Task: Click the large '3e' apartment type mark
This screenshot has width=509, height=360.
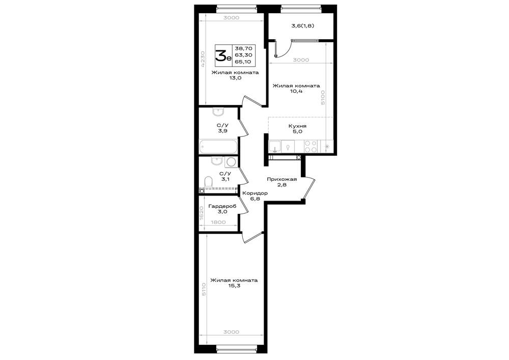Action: pyautogui.click(x=223, y=56)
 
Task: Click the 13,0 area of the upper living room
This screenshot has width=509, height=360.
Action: pyautogui.click(x=235, y=78)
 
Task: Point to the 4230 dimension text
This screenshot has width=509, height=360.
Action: pyautogui.click(x=202, y=59)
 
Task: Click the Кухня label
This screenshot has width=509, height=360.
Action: pyautogui.click(x=297, y=126)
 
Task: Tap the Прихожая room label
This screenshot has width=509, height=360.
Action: pyautogui.click(x=282, y=179)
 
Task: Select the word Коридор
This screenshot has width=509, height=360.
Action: pyautogui.click(x=255, y=193)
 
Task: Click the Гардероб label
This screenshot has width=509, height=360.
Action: pyautogui.click(x=222, y=206)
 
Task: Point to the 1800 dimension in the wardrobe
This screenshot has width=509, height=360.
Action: pyautogui.click(x=218, y=223)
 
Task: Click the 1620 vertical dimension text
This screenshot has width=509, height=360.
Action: pyautogui.click(x=202, y=213)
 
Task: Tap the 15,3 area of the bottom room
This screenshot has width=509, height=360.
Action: pyautogui.click(x=234, y=286)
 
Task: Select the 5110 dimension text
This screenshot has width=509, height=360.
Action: pyautogui.click(x=204, y=289)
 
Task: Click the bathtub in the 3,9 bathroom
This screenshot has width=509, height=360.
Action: pyautogui.click(x=218, y=147)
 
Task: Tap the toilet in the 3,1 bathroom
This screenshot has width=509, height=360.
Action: pyautogui.click(x=208, y=181)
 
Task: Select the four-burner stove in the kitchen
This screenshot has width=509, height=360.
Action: pyautogui.click(x=311, y=146)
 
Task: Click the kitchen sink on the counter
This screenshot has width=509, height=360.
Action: pyautogui.click(x=275, y=146)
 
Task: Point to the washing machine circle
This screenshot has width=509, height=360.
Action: pyautogui.click(x=231, y=161)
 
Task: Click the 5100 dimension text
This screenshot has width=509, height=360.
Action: pyautogui.click(x=322, y=97)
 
